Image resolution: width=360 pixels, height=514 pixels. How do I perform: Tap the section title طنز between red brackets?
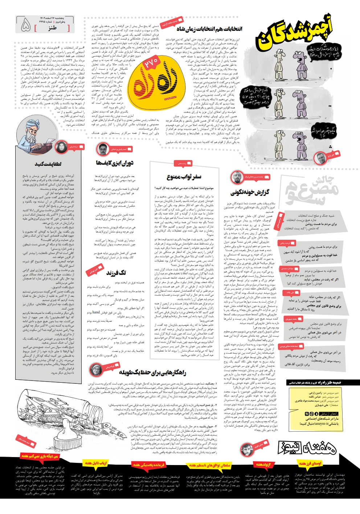[x=52, y=28]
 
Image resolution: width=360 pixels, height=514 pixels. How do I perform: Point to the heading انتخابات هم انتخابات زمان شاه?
[x=209, y=29]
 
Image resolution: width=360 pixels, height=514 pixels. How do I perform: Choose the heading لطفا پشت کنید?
[x=48, y=164]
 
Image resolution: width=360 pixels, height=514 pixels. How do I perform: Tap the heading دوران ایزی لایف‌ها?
[x=114, y=163]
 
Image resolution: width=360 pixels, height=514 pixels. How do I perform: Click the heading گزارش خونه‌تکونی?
[x=250, y=192]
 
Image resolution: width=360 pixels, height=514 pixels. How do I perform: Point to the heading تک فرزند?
[x=116, y=272]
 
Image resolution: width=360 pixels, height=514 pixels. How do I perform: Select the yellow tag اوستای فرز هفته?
[x=310, y=464]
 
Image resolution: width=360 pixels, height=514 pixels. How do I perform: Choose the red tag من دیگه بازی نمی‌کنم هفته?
[x=40, y=456]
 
